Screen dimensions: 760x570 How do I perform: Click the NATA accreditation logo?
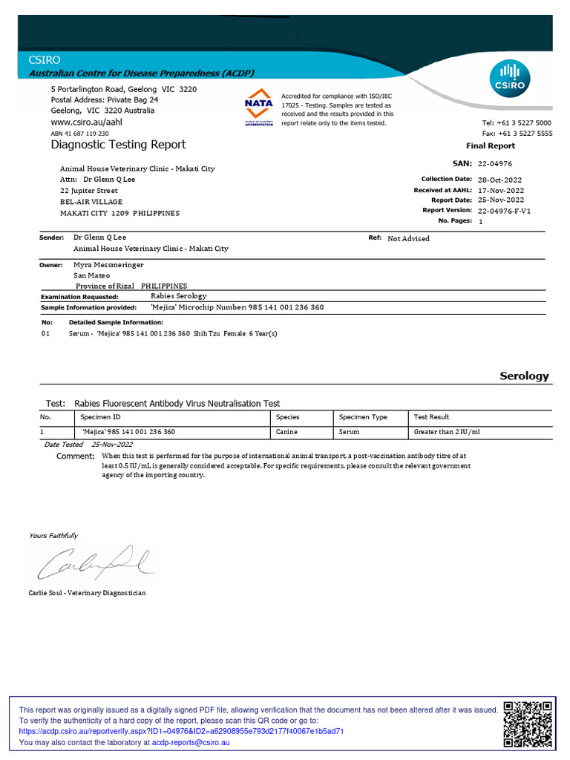[x=259, y=108]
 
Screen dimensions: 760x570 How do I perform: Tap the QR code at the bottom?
[x=528, y=724]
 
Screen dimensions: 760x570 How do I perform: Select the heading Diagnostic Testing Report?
[x=118, y=145]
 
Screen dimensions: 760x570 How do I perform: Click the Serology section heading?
[x=524, y=376]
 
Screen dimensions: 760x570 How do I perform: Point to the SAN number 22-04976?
[x=494, y=163]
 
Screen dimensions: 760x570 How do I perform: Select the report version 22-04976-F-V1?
[x=504, y=211]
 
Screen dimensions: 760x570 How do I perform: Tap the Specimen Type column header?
[x=363, y=417]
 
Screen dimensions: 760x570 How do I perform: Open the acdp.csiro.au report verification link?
[x=181, y=731]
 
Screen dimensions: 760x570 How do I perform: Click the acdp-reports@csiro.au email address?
[x=191, y=742]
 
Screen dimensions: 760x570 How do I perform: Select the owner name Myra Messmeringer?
[x=108, y=264]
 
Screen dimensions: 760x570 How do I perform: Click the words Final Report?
[x=490, y=146]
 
